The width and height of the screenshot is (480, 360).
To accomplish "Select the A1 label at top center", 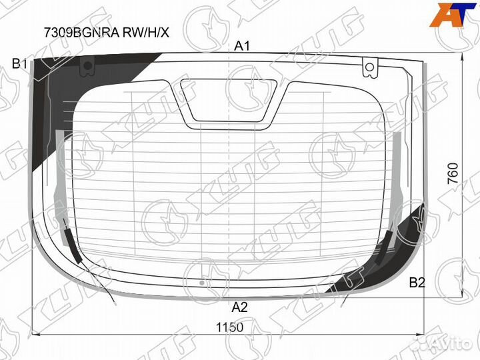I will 241,46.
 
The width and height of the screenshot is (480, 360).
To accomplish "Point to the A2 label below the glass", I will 240,307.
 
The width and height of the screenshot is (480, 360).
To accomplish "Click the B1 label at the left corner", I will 19,64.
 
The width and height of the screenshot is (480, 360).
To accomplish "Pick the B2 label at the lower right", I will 417,282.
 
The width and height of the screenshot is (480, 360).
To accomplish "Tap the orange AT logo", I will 453,17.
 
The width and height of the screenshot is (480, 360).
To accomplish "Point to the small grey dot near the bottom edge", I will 201,283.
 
